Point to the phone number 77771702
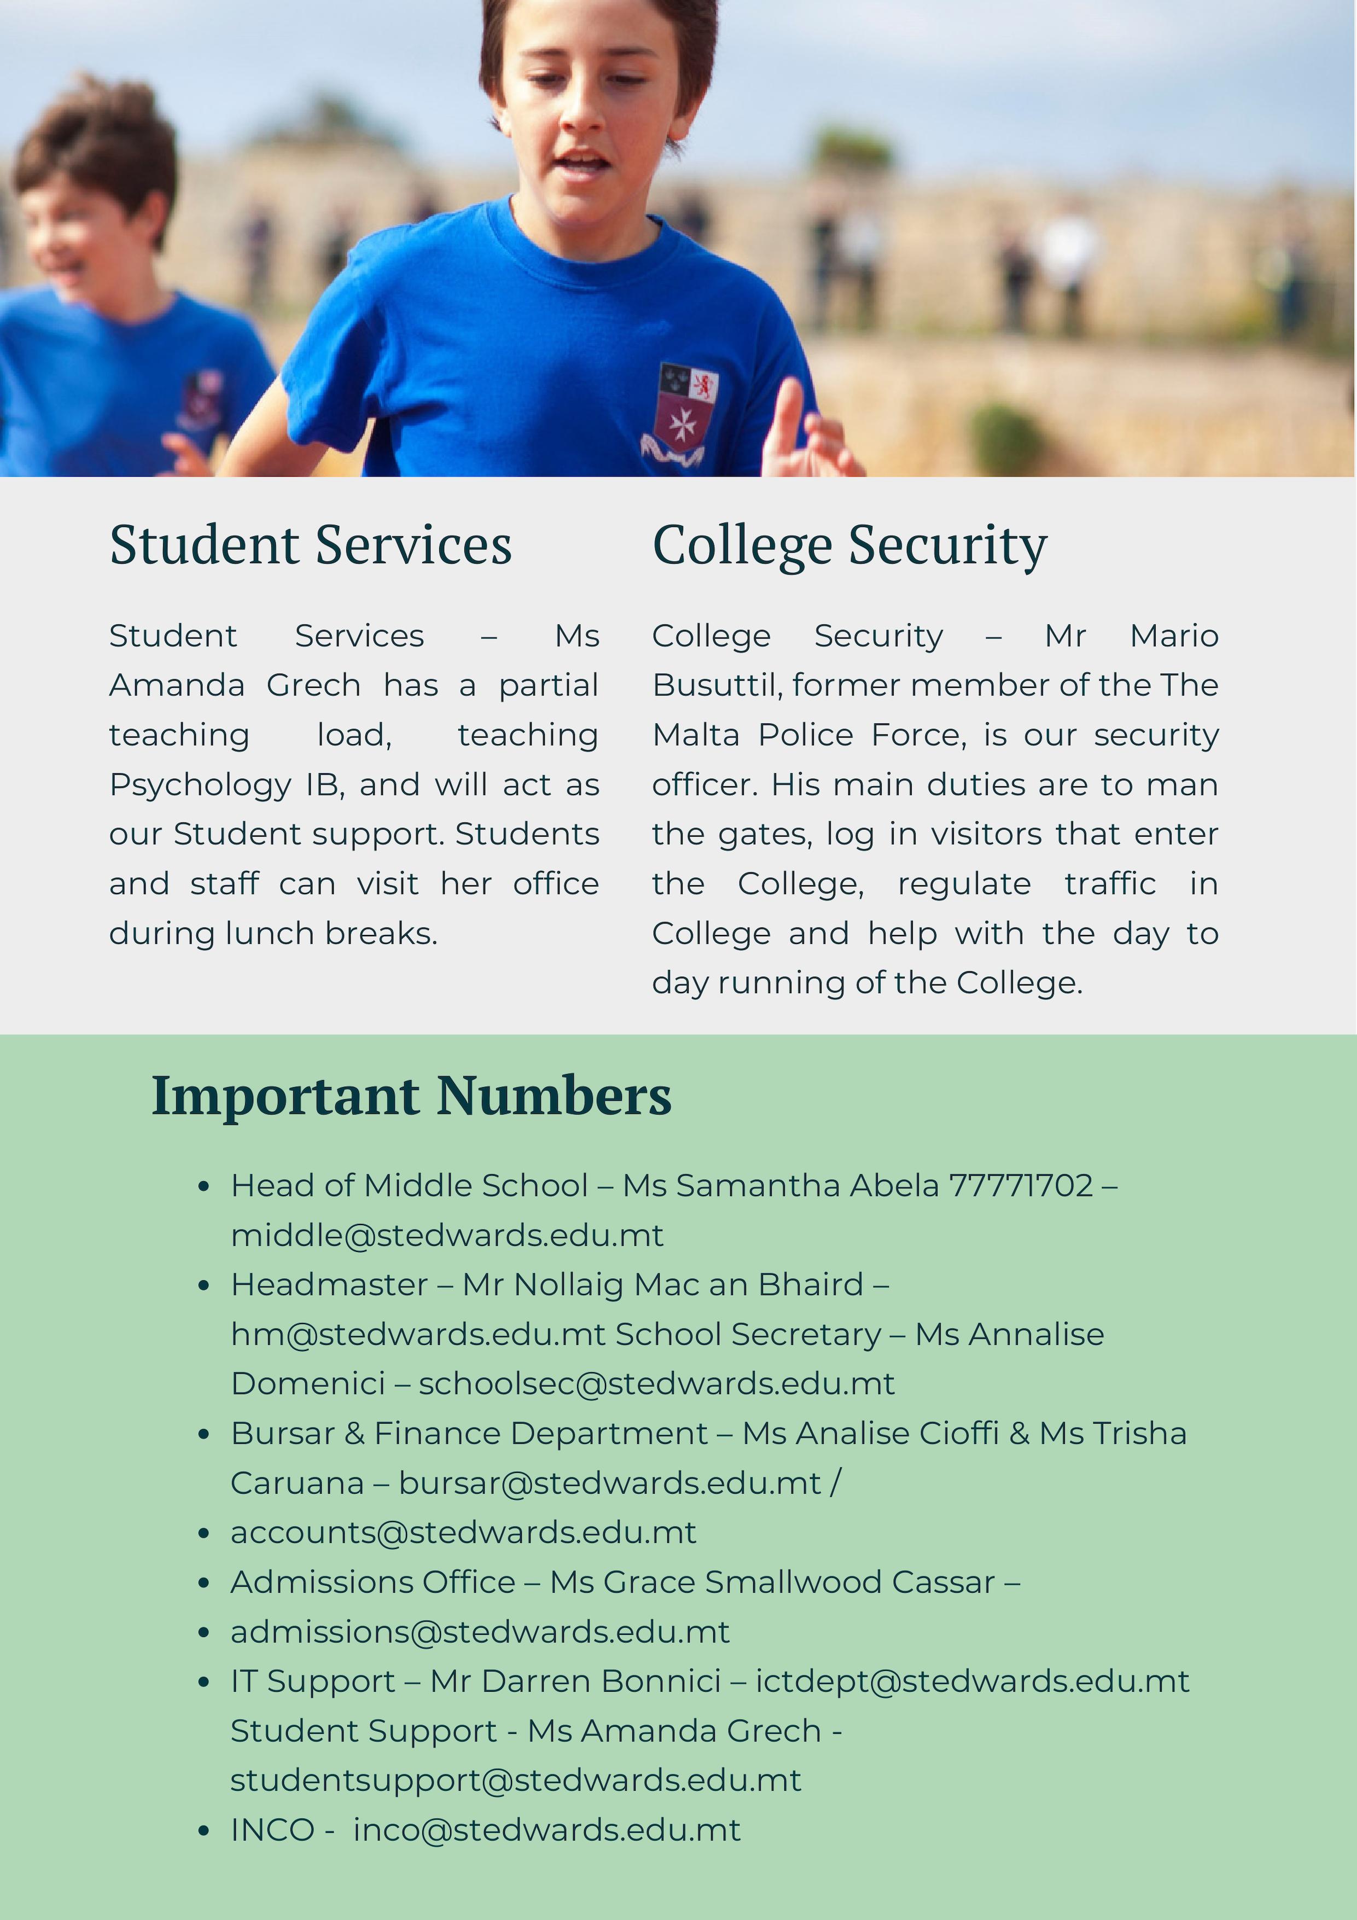coord(1021,1186)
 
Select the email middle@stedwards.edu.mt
coord(447,1235)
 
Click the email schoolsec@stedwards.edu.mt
coord(656,1384)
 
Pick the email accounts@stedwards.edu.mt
coord(463,1533)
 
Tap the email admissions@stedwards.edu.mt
coord(480,1632)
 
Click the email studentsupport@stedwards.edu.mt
coord(516,1780)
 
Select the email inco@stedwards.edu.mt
coord(547,1830)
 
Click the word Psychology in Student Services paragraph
coord(200,785)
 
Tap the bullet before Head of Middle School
coord(203,1187)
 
